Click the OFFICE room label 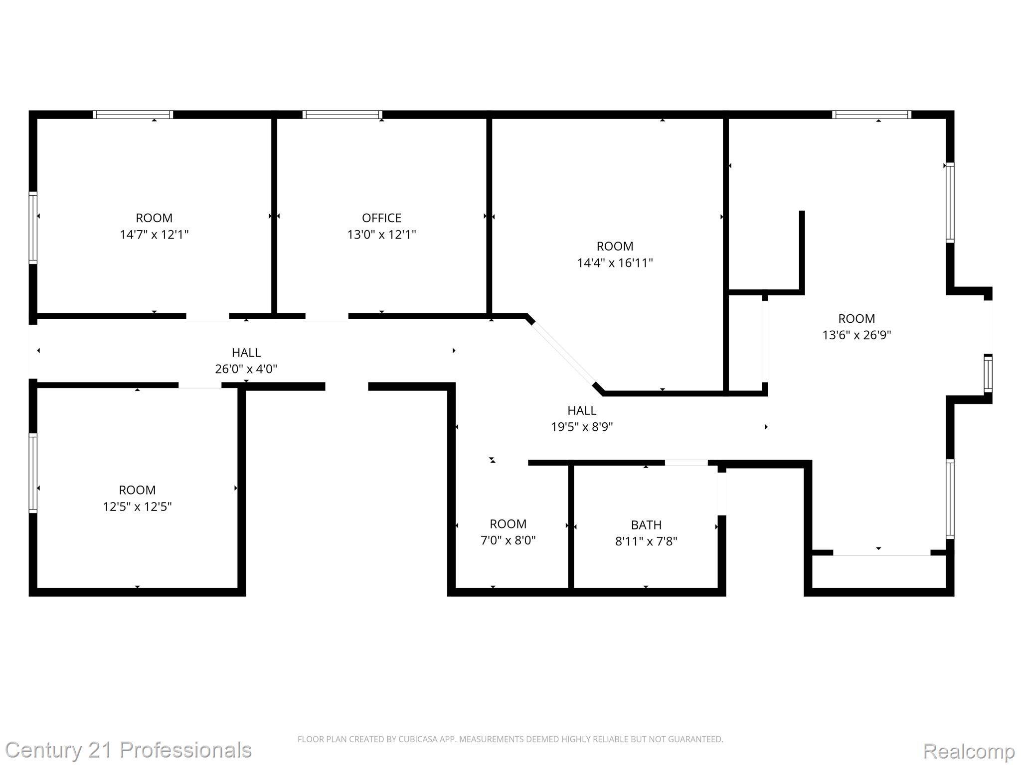click(381, 218)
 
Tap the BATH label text click(646, 524)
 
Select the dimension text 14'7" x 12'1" click(154, 234)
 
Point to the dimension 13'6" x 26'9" click(856, 335)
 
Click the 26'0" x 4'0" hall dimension click(246, 369)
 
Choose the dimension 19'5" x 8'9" click(582, 427)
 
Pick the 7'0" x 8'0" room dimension click(508, 540)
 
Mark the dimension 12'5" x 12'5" click(137, 507)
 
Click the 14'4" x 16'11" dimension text click(615, 262)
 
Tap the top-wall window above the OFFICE click(342, 115)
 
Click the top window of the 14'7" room click(133, 115)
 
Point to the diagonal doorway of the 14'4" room click(563, 355)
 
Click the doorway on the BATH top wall click(686, 463)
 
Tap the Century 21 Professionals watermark click(128, 750)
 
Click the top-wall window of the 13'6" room click(871, 115)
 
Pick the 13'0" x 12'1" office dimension click(381, 234)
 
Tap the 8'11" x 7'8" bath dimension click(646, 541)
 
